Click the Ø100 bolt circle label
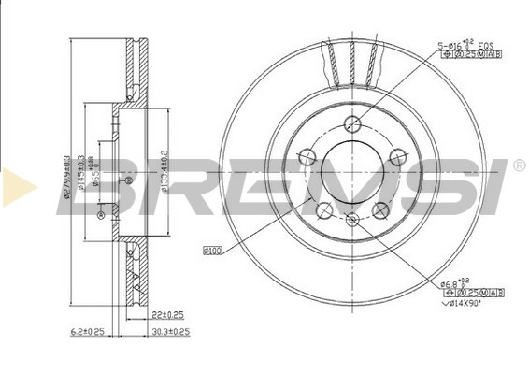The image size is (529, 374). [x=212, y=250]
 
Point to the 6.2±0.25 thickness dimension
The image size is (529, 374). [x=89, y=331]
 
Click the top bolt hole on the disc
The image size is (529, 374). [x=352, y=123]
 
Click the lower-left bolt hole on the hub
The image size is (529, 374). [x=323, y=210]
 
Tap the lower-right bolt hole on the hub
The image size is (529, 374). [x=381, y=210]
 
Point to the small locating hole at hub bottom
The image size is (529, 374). [x=352, y=221]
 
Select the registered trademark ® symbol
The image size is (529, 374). [x=519, y=165]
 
